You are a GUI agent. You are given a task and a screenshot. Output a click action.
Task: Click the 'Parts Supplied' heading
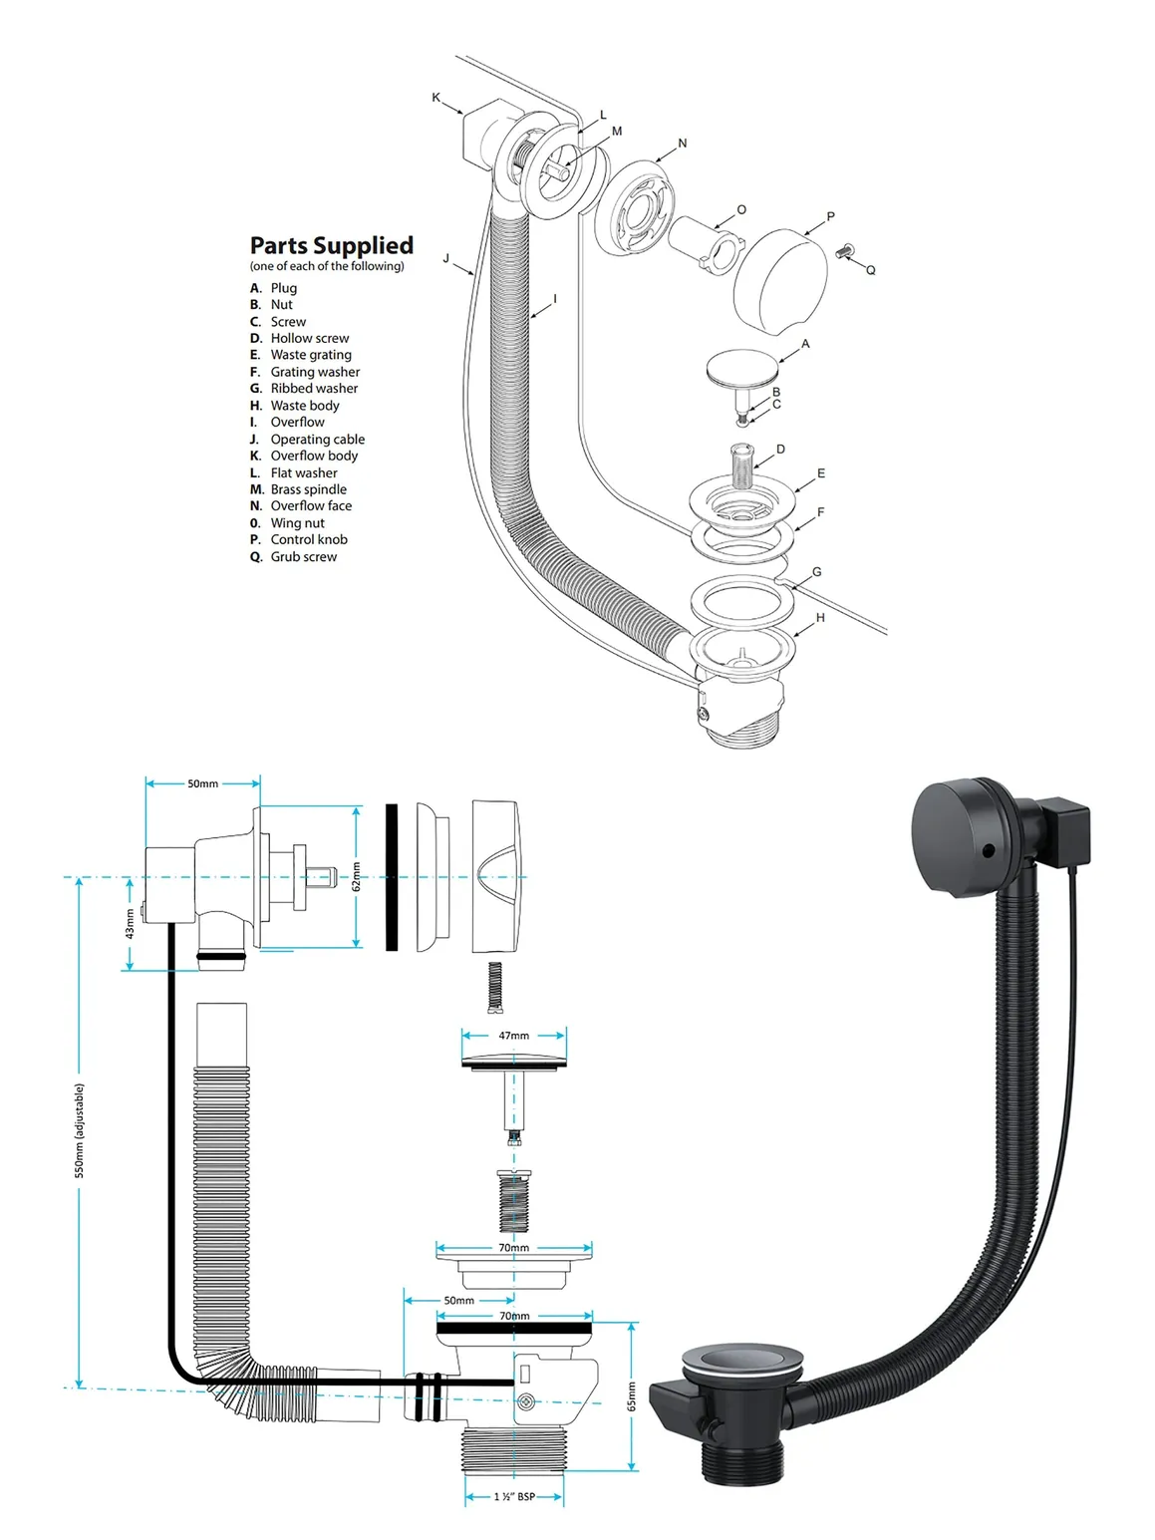pyautogui.click(x=331, y=245)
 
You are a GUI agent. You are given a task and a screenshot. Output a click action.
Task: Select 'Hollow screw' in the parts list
pyautogui.click(x=309, y=338)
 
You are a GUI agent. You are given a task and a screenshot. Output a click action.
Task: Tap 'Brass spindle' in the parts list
pyautogui.click(x=308, y=489)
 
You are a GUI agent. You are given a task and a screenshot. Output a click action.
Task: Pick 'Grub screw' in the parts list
pyautogui.click(x=303, y=556)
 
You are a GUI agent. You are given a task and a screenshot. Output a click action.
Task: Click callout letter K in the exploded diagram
pyautogui.click(x=435, y=98)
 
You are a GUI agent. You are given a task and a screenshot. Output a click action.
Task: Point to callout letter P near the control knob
pyautogui.click(x=831, y=216)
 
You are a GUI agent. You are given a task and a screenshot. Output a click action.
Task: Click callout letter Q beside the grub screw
pyautogui.click(x=870, y=270)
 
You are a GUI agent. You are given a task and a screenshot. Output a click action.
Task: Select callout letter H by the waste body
pyautogui.click(x=820, y=618)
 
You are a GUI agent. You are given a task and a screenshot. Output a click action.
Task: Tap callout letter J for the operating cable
pyautogui.click(x=446, y=259)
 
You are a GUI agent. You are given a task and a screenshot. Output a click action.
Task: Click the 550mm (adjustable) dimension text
pyautogui.click(x=80, y=1130)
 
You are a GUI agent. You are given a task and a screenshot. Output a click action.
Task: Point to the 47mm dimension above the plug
pyautogui.click(x=514, y=1036)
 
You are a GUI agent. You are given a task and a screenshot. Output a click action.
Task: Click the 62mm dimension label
pyautogui.click(x=356, y=877)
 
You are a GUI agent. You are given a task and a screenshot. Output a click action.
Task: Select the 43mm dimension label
pyautogui.click(x=130, y=924)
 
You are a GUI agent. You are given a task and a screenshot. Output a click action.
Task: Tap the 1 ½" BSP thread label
pyautogui.click(x=514, y=1496)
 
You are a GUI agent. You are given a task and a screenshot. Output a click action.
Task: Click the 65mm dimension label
pyautogui.click(x=631, y=1395)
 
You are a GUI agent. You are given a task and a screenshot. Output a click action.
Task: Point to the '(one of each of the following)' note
pyautogui.click(x=327, y=266)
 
